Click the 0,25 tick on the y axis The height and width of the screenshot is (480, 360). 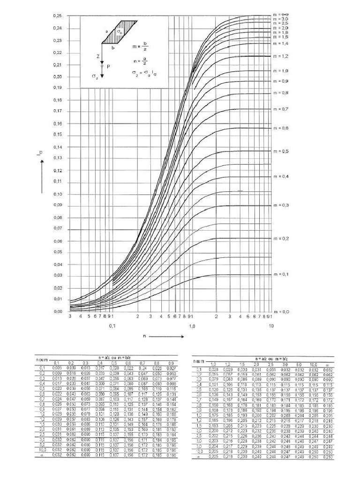pyautogui.click(x=57, y=16)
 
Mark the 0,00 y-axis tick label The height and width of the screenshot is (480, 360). pyautogui.click(x=57, y=311)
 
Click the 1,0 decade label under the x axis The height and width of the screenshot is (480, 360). pyautogui.click(x=192, y=325)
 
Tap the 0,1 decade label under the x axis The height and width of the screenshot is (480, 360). pyautogui.click(x=112, y=325)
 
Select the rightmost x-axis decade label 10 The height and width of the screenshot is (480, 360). pyautogui.click(x=271, y=325)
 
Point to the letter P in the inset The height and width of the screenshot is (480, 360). pyautogui.click(x=109, y=66)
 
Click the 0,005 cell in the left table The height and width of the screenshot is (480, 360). pyautogui.click(x=56, y=368)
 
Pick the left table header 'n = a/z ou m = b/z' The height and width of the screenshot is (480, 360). pyautogui.click(x=113, y=358)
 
